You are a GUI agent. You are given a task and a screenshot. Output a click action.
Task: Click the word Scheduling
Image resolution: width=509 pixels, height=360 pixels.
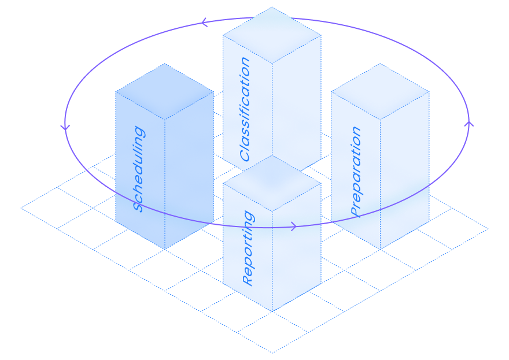pyautogui.click(x=139, y=169)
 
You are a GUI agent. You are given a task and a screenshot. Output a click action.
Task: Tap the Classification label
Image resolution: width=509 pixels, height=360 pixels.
pyautogui.click(x=245, y=109)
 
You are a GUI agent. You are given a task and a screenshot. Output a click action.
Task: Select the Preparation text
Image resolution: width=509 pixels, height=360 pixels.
pyautogui.click(x=356, y=172)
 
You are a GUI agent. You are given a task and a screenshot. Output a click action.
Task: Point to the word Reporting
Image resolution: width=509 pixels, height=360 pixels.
pyautogui.click(x=248, y=248)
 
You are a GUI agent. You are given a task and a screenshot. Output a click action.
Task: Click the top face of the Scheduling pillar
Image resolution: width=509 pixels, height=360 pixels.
pyautogui.click(x=164, y=91)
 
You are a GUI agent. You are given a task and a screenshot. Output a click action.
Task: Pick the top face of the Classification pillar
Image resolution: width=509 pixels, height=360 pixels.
pyautogui.click(x=272, y=35)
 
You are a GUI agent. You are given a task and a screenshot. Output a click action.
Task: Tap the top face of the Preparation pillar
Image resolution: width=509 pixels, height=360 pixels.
pyautogui.click(x=380, y=91)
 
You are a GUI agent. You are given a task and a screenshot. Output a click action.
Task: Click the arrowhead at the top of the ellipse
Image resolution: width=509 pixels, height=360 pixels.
pyautogui.click(x=204, y=23)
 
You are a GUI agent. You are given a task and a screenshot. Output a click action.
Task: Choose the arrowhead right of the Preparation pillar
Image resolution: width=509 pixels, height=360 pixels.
pyautogui.click(x=469, y=123)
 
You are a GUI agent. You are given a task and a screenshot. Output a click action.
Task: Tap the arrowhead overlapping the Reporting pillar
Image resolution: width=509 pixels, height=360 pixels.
pyautogui.click(x=293, y=227)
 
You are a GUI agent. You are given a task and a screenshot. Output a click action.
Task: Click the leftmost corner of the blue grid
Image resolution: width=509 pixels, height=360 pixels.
pyautogui.click(x=21, y=208)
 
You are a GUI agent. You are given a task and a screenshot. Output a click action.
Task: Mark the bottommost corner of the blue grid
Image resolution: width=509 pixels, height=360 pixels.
pyautogui.click(x=272, y=352)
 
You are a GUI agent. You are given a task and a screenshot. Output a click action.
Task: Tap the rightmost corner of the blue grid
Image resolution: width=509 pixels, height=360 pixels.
pyautogui.click(x=488, y=229)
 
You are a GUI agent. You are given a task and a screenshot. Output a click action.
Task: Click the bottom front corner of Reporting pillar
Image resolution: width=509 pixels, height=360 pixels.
pyautogui.click(x=272, y=311)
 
